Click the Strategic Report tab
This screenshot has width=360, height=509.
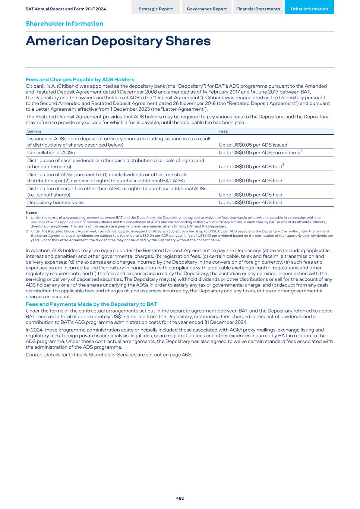click(x=155, y=9)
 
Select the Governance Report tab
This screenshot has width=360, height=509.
click(x=206, y=9)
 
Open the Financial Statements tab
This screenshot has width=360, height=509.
click(x=258, y=9)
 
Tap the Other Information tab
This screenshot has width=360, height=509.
click(x=309, y=9)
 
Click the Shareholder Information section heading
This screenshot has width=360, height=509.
click(x=64, y=23)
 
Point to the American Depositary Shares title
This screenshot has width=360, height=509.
click(x=118, y=41)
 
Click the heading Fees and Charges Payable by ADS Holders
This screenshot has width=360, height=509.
click(x=80, y=79)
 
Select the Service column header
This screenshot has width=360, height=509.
click(x=34, y=131)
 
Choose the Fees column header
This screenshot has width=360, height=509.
click(x=223, y=131)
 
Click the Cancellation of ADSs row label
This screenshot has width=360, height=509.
click(x=51, y=153)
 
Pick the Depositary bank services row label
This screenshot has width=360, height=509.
click(x=55, y=202)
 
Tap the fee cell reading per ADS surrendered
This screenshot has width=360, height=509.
click(x=259, y=153)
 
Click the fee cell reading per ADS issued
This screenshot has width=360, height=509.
click(x=253, y=145)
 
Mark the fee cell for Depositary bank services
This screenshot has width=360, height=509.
click(x=250, y=202)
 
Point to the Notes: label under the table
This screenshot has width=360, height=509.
click(x=31, y=213)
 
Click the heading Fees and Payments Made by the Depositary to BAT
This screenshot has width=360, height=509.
click(x=91, y=304)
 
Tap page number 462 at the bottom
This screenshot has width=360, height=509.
click(x=180, y=498)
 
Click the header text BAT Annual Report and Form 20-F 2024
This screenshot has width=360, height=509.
click(x=66, y=9)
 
